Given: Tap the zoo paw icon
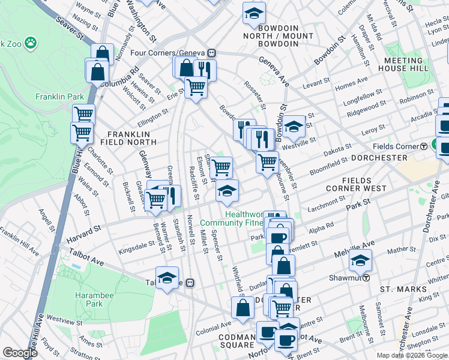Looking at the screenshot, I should (x=30, y=43).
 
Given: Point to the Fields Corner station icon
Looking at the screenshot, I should (x=423, y=146).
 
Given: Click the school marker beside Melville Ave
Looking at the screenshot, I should (x=360, y=261).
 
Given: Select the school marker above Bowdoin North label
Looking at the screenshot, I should (x=254, y=13).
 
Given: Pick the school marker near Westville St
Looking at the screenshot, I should (x=293, y=127).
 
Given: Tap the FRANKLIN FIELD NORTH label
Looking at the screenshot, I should (x=131, y=138).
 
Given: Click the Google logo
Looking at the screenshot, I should (x=20, y=353).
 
